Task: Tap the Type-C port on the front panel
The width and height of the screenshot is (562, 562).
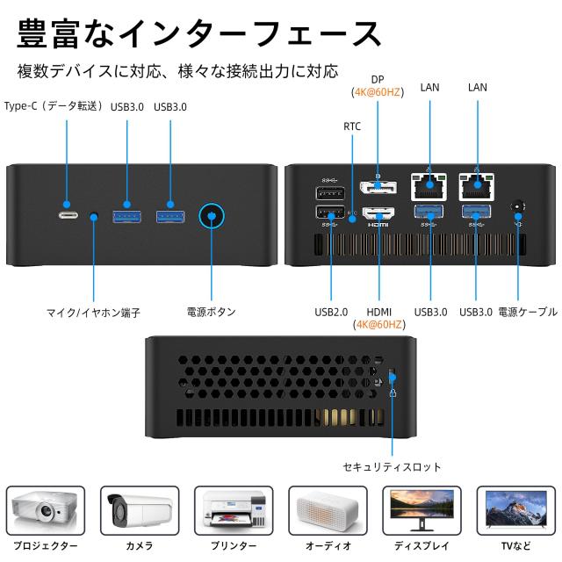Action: pyautogui.click(x=68, y=216)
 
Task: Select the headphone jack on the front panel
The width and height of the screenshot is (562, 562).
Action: pyautogui.click(x=94, y=216)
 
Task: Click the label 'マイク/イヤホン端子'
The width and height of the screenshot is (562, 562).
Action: pyautogui.click(x=93, y=312)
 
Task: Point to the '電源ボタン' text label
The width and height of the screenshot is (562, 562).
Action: pyautogui.click(x=212, y=312)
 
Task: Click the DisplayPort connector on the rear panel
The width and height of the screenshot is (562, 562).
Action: pyautogui.click(x=378, y=188)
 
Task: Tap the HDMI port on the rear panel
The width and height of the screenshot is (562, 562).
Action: pyautogui.click(x=378, y=213)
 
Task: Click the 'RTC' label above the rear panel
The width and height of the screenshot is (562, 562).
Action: pyautogui.click(x=352, y=126)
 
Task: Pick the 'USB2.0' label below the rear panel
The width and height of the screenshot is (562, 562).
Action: pyautogui.click(x=331, y=312)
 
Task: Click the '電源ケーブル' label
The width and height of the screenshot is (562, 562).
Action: pyautogui.click(x=527, y=312)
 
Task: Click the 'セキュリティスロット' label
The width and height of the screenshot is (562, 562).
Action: pyautogui.click(x=392, y=467)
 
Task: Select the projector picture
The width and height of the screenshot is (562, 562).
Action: pyautogui.click(x=46, y=511)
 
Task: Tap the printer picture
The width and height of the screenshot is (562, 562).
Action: pyautogui.click(x=234, y=511)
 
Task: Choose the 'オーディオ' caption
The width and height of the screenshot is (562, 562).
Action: pyautogui.click(x=328, y=545)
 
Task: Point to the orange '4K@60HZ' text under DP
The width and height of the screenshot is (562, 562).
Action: pyautogui.click(x=378, y=91)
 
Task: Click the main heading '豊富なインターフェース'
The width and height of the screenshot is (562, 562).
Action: pyautogui.click(x=198, y=32)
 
